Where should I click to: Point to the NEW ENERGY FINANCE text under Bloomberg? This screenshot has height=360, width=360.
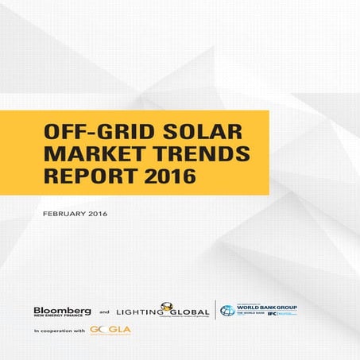pyautogui.click(x=56, y=317)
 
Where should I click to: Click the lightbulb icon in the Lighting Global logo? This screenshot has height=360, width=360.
pyautogui.click(x=168, y=306)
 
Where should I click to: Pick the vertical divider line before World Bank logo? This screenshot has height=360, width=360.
pyautogui.click(x=216, y=310)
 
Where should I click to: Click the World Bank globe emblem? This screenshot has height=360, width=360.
pyautogui.click(x=227, y=310)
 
